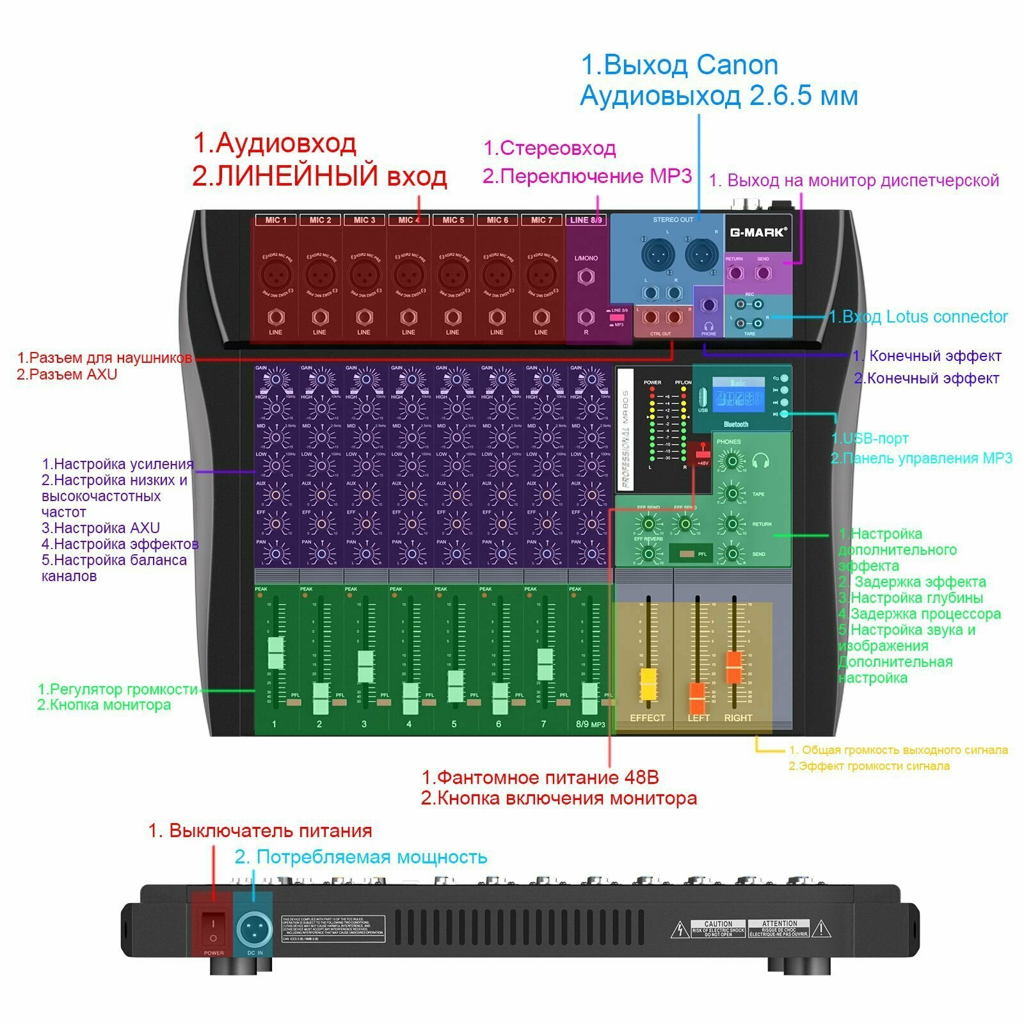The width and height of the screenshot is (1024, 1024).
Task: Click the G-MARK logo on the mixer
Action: coord(757,232)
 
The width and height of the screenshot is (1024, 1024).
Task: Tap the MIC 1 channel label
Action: coord(276,220)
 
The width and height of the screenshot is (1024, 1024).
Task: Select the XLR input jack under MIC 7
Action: coord(541,276)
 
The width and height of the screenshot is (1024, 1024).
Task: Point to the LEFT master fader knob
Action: coord(697,698)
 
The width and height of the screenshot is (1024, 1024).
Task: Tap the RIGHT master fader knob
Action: coord(733,667)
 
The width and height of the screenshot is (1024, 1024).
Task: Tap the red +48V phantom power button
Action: coord(703,456)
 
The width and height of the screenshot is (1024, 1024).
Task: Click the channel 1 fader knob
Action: coord(275,653)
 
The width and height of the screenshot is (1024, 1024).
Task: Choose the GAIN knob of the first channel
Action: coord(276,380)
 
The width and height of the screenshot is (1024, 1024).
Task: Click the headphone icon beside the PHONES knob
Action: coord(760,460)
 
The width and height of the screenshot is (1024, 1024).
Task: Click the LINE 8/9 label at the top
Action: coord(586,220)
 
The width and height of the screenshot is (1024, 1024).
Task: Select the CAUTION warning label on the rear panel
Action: coord(717,929)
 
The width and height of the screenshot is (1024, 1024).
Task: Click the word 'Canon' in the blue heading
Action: coord(737,65)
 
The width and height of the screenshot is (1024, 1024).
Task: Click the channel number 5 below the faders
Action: coord(454,724)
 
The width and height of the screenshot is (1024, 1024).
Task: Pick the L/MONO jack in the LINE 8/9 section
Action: coord(586,276)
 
